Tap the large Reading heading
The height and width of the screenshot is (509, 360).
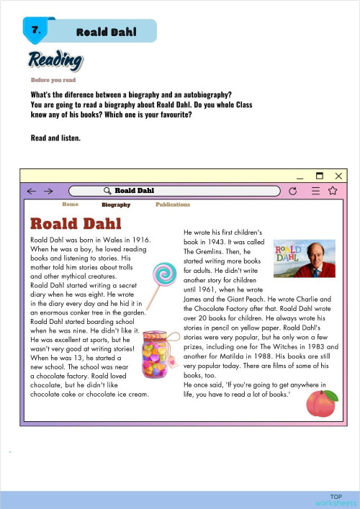point(55,61)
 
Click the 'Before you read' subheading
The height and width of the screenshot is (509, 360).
point(53,80)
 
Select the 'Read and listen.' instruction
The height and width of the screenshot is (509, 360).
point(56,138)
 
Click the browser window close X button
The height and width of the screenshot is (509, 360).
point(338,175)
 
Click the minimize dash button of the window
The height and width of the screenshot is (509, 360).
point(300,176)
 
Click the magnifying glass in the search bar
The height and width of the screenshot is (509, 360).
point(108,191)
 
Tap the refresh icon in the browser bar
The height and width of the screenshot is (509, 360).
point(292,191)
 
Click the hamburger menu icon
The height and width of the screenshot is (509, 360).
point(315,191)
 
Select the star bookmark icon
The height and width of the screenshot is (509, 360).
point(333,191)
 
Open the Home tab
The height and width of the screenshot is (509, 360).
point(70,204)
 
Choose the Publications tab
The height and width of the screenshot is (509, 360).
point(173,204)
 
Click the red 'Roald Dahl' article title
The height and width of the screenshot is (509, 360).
point(81,222)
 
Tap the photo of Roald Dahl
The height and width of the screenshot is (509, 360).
point(305,258)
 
